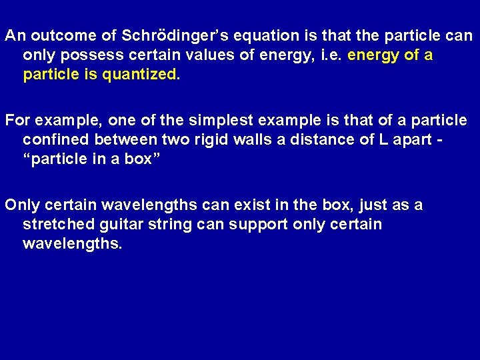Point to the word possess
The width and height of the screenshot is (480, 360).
[89, 55]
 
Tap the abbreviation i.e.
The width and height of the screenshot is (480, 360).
[331, 55]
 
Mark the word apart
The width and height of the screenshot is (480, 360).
[413, 140]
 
